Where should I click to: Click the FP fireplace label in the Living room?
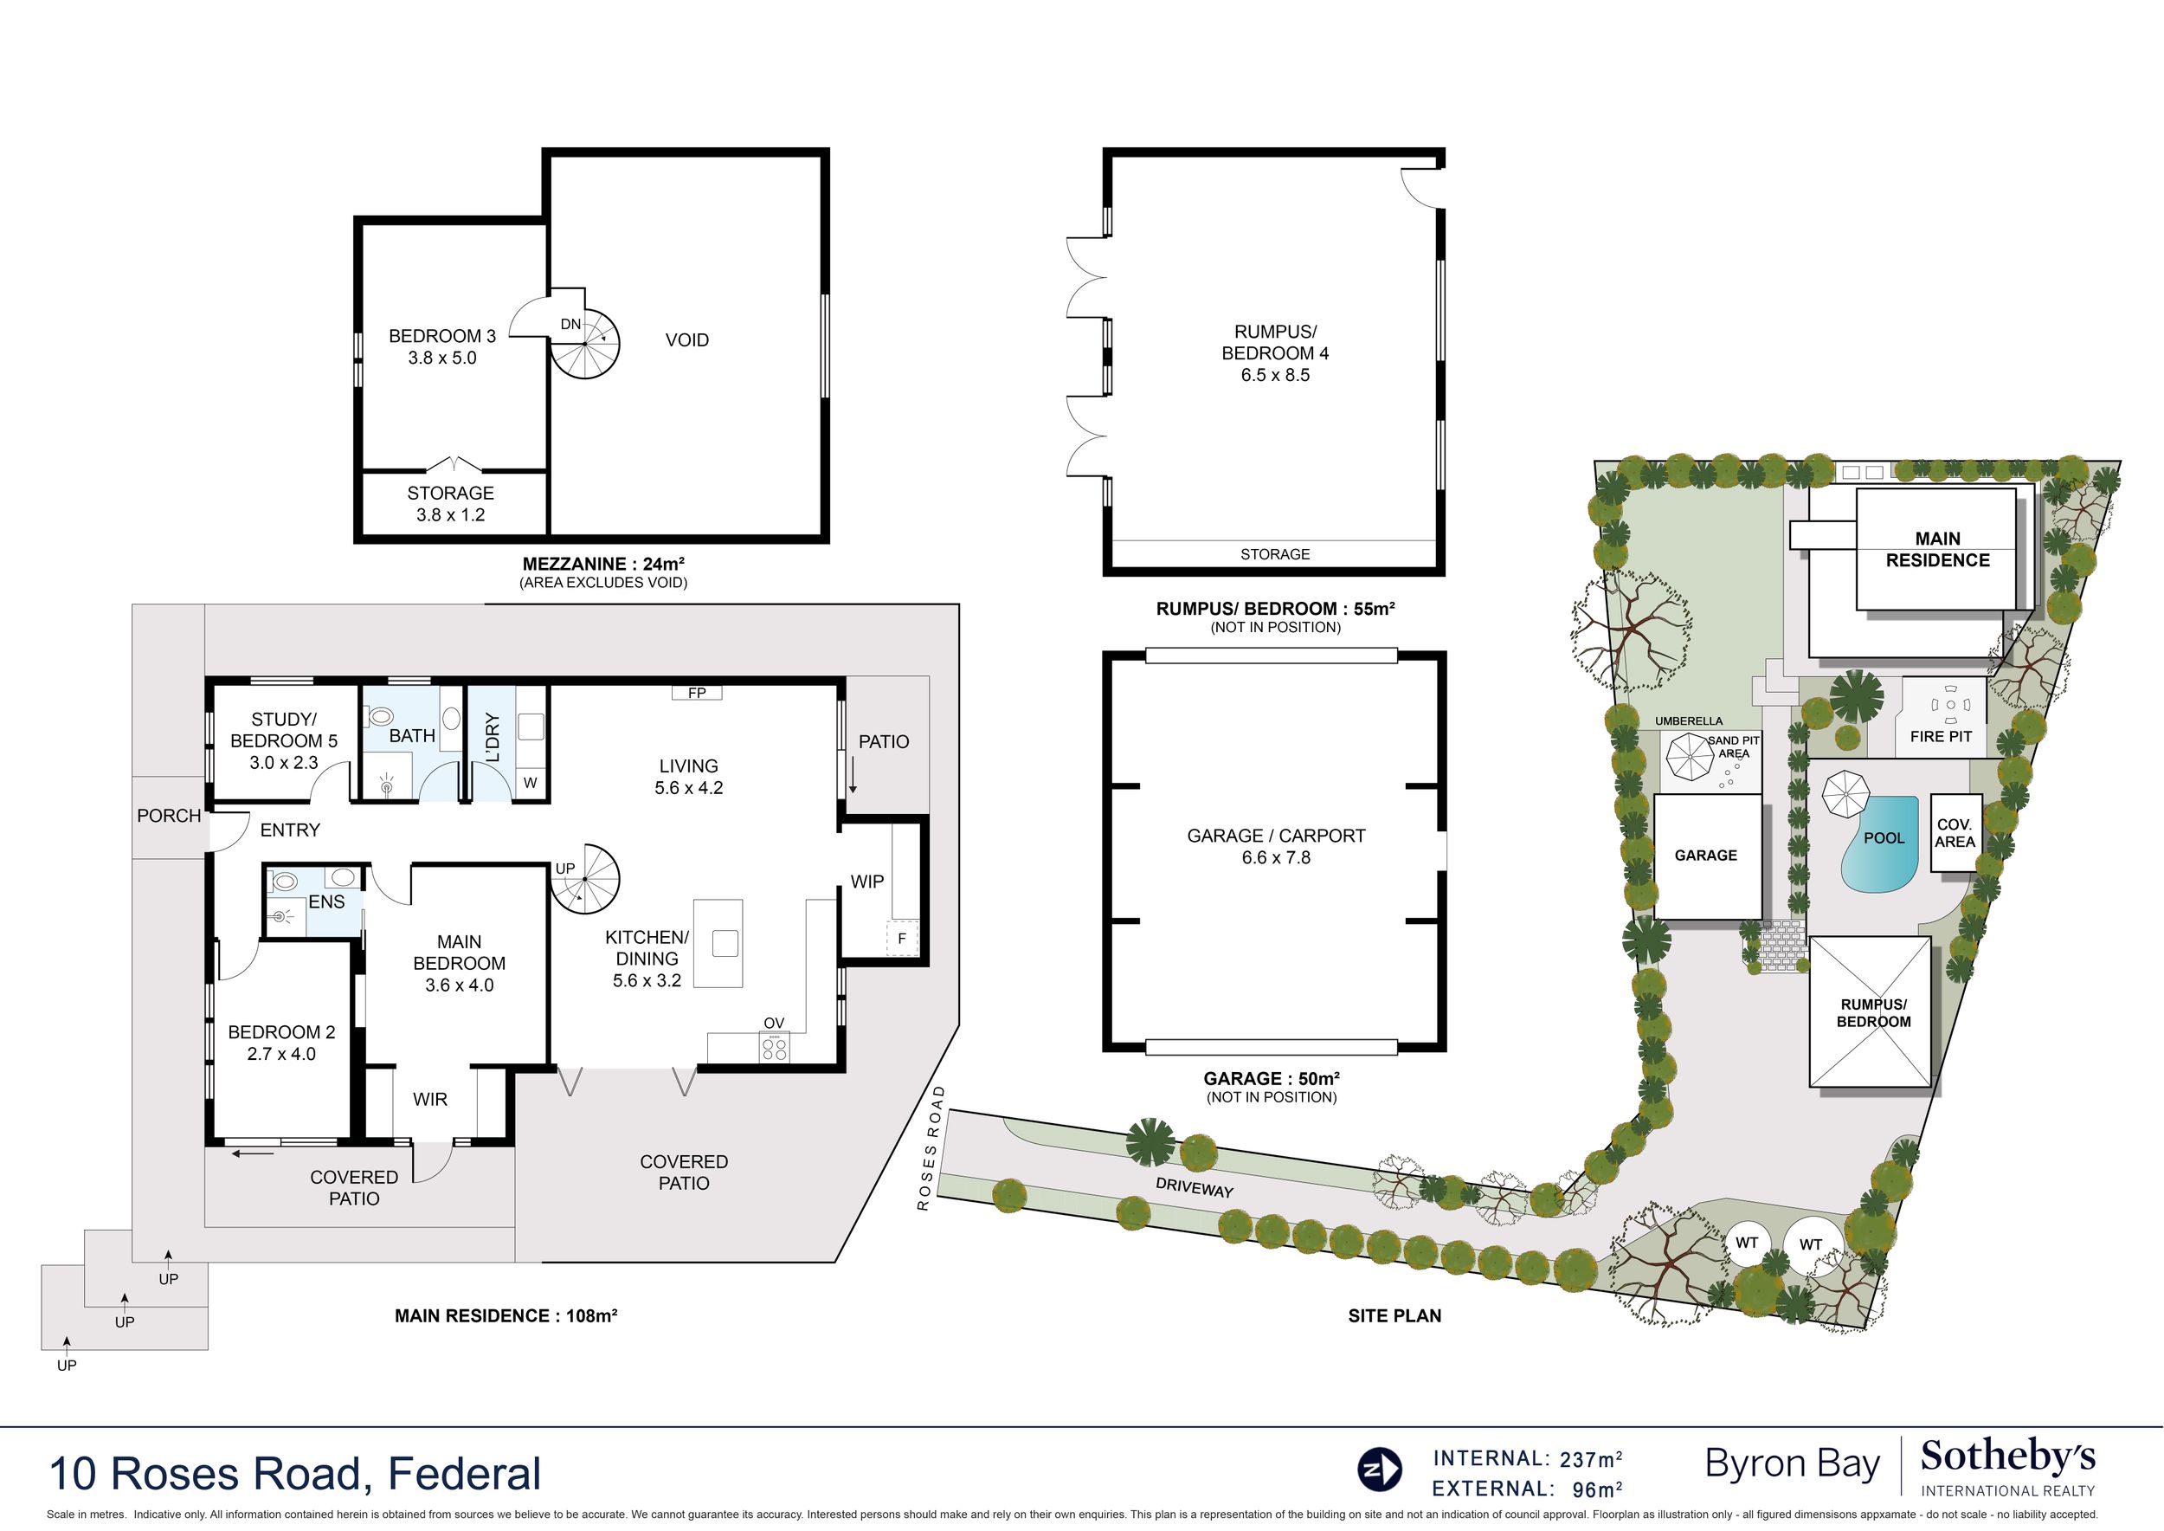(x=697, y=693)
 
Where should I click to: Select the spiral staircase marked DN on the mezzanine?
(x=585, y=344)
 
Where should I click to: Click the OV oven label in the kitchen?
(x=774, y=1023)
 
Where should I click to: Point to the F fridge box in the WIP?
(x=902, y=939)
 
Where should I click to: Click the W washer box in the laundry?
(x=531, y=783)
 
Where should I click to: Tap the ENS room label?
(x=326, y=901)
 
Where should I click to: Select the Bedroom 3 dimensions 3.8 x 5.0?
(x=442, y=359)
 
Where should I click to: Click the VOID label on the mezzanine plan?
(x=686, y=340)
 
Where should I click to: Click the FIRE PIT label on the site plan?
(x=1941, y=737)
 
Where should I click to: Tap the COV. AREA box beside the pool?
(x=1955, y=832)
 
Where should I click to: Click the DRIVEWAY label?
(x=1195, y=1188)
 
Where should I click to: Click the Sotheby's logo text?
(x=2007, y=1457)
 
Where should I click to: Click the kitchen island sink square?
(x=725, y=943)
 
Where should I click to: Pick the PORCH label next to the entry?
(x=169, y=816)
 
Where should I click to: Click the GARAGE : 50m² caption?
(x=1272, y=1078)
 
